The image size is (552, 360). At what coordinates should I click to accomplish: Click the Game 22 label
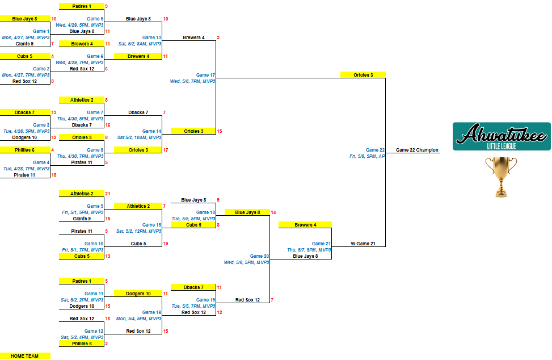click(x=375, y=150)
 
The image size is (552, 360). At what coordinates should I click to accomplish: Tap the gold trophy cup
click(x=502, y=177)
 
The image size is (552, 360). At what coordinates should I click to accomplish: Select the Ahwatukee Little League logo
click(x=502, y=136)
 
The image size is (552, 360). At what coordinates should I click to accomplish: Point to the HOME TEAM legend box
click(x=25, y=356)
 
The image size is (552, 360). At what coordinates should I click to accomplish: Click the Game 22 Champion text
click(x=417, y=150)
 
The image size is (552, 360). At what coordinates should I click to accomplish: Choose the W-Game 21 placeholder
click(x=363, y=244)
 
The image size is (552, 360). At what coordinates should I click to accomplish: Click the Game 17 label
click(x=205, y=75)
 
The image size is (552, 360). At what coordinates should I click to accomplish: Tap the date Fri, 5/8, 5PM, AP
click(x=367, y=156)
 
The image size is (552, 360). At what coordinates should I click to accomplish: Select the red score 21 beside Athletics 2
click(x=108, y=194)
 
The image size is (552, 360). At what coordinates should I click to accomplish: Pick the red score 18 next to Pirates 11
click(x=54, y=175)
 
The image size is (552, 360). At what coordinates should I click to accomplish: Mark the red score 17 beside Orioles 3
click(x=166, y=150)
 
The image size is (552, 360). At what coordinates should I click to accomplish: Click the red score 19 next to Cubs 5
click(x=166, y=244)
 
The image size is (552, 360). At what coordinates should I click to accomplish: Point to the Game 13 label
click(x=151, y=37)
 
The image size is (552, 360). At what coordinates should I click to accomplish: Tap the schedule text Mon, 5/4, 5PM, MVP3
click(x=138, y=319)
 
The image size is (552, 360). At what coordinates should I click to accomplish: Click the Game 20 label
click(x=259, y=256)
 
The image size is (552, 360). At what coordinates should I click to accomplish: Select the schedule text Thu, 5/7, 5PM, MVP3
click(x=309, y=250)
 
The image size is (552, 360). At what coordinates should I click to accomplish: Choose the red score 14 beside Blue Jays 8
click(x=273, y=212)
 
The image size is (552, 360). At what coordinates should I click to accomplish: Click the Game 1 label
click(x=41, y=31)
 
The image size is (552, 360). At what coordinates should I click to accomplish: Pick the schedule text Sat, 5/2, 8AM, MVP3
click(x=140, y=44)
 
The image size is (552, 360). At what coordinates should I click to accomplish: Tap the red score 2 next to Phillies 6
click(x=106, y=344)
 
